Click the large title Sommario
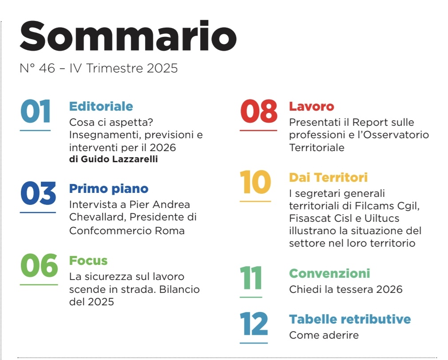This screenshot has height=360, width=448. coord(128,36)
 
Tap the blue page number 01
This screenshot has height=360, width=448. coord(36,112)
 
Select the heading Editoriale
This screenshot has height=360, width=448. coord(101,107)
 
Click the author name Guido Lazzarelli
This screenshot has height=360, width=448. coord(119,160)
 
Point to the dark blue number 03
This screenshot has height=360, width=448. coord(38,194)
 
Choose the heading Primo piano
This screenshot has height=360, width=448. coord(109,189)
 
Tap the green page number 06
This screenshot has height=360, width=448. coord(39,265)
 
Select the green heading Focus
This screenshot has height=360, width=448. coord(88,260)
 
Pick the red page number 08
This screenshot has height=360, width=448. coord(258,112)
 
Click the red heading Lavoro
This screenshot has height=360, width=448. coord(311,107)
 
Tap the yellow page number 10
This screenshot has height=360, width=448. coord(255,183)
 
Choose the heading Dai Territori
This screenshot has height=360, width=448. coord(328,178)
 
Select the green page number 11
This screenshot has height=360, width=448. coord(251,278)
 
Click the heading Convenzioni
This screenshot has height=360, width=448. coord(329,273)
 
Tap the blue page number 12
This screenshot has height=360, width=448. coord(254,324)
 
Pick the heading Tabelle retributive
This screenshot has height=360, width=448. coord(350,320)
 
